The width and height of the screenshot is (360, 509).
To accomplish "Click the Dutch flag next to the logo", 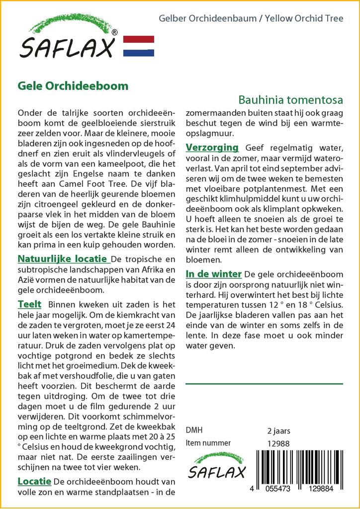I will [x=138, y=46].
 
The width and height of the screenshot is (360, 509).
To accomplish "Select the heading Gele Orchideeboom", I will [x=73, y=85].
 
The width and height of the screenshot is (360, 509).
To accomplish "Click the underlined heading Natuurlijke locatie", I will [x=63, y=259].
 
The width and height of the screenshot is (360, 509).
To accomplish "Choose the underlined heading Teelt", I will [x=29, y=304].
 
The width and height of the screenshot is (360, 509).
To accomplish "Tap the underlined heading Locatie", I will [x=34, y=481].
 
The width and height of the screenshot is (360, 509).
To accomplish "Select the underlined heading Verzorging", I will [x=212, y=148].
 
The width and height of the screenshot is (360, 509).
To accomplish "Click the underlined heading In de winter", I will [x=214, y=274].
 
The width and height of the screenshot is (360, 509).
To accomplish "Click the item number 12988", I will [x=278, y=443].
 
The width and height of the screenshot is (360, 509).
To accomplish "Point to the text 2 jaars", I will [x=278, y=430].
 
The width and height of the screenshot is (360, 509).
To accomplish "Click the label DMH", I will [x=194, y=430].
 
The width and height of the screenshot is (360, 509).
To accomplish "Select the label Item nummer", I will [x=208, y=443].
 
